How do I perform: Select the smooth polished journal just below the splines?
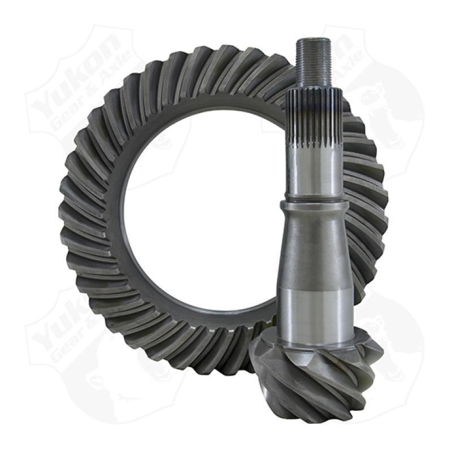(x=314, y=169)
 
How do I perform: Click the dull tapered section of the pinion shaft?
(x=314, y=243)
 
